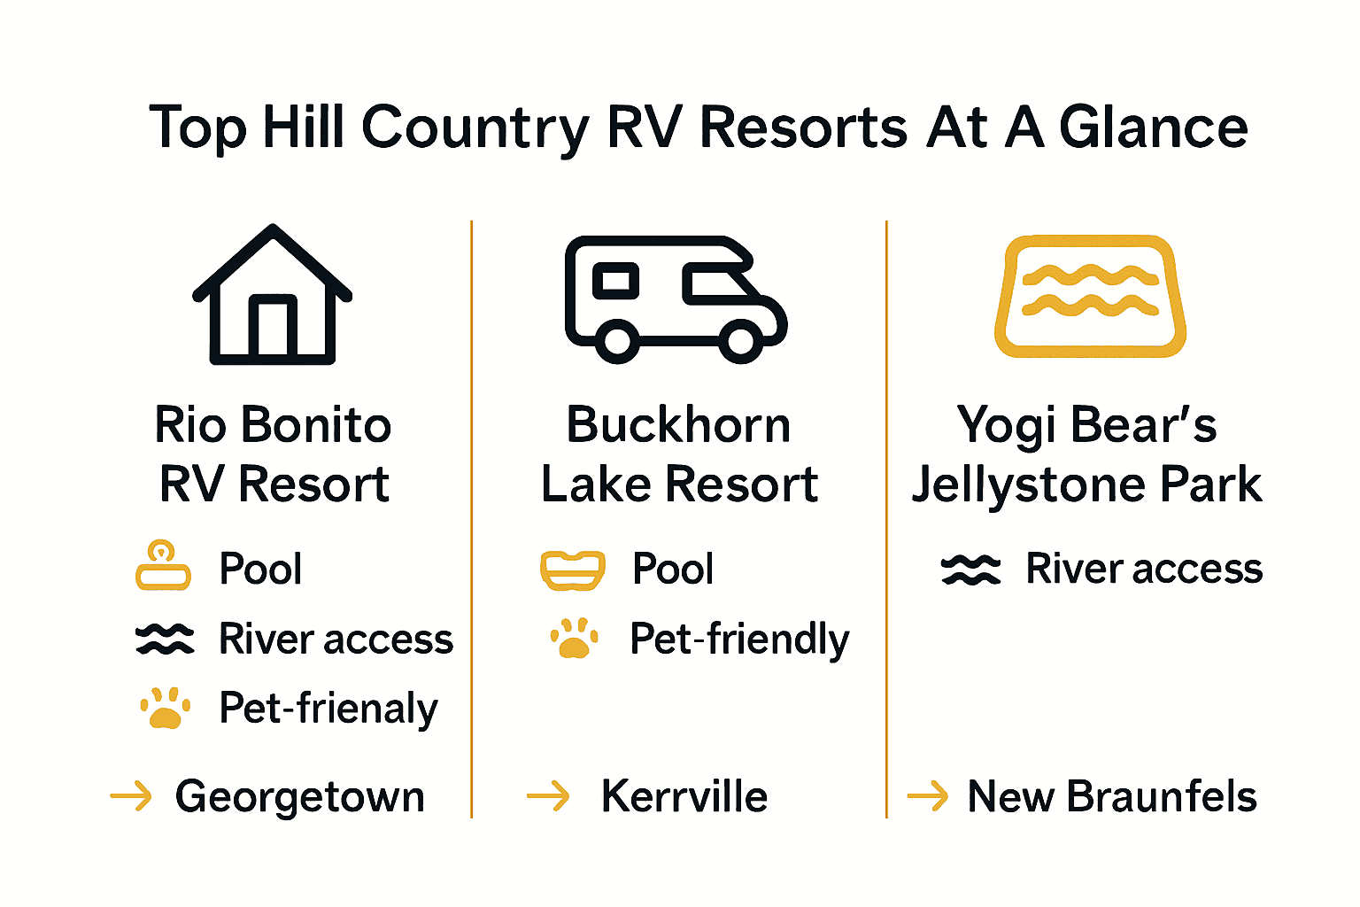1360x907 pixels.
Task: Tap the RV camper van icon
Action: (675, 298)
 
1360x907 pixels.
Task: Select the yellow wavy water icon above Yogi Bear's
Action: (1090, 296)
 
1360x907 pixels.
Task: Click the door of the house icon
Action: (273, 328)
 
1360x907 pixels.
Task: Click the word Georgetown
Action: (300, 796)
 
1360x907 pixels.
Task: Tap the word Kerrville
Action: (684, 796)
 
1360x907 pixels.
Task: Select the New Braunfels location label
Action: (1112, 796)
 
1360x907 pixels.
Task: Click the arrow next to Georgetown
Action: (131, 796)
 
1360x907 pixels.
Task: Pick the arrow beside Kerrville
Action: (548, 796)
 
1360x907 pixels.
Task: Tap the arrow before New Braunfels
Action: (928, 796)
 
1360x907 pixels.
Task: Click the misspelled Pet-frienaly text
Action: (328, 709)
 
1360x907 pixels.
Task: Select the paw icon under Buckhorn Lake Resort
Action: (574, 639)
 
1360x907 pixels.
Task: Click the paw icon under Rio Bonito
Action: (165, 709)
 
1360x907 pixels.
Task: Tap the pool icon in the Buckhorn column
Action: (573, 570)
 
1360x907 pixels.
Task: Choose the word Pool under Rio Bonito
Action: (260, 569)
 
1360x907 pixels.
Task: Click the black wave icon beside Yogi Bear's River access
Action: (970, 570)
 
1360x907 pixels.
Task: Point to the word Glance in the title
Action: (1154, 128)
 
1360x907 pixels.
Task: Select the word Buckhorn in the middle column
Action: (678, 425)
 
